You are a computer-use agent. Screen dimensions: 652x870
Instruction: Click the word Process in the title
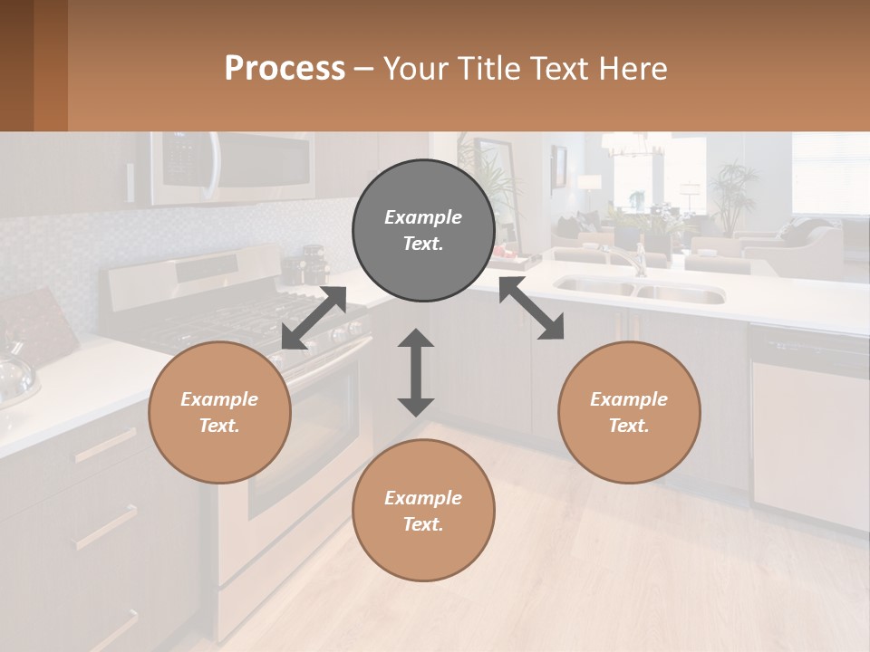pos(285,69)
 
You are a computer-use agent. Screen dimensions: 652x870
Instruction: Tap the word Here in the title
pos(630,69)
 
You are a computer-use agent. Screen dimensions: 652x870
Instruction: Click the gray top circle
pos(423,230)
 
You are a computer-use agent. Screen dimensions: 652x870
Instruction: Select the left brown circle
pos(219,412)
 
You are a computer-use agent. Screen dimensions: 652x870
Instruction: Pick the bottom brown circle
pos(423,511)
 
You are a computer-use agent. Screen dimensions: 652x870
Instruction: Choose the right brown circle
pos(629,412)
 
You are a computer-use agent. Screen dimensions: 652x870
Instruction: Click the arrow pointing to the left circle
pos(314,318)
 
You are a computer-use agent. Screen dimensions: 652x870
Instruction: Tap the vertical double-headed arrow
pos(416,372)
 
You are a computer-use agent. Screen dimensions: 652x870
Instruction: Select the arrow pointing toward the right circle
pos(532,308)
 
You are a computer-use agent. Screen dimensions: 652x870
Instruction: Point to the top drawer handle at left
pos(107,445)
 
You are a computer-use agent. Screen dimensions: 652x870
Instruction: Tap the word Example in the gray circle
pos(423,217)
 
